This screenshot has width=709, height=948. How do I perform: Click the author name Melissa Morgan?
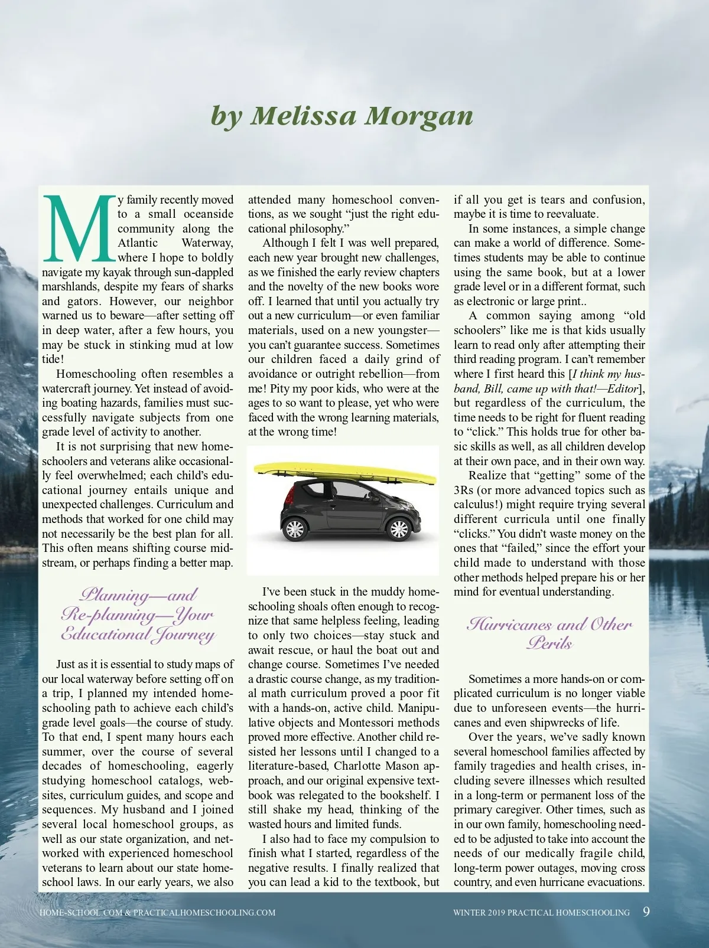click(342, 116)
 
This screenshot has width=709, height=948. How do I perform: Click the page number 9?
click(646, 911)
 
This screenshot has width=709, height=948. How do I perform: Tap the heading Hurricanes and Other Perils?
click(549, 633)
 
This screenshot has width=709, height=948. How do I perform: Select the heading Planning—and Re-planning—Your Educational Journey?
click(138, 614)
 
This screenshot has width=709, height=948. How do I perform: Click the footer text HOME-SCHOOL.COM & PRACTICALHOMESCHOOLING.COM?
click(157, 913)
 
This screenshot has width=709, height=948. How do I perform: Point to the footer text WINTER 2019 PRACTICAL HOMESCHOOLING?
click(541, 913)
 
